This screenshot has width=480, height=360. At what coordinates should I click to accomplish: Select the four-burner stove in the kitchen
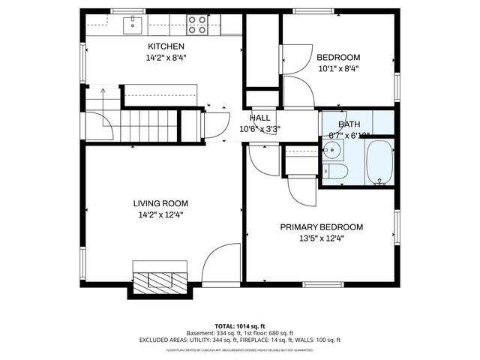198,25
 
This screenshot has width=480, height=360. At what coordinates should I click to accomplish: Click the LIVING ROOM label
160,203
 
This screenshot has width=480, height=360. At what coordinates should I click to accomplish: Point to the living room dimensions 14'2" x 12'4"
160,214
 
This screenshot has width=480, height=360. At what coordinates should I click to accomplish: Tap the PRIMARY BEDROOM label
322,227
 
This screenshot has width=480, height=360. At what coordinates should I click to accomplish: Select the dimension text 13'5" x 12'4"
322,238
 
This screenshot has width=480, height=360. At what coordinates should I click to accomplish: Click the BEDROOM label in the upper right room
337,57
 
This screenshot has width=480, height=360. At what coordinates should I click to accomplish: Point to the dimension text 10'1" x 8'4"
337,68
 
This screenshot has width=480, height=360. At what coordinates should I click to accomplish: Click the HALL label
260,118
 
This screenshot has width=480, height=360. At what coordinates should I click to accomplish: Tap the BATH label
349,124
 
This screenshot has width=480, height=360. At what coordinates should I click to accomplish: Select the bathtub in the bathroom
379,163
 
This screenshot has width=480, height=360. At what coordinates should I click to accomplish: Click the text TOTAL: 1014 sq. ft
239,326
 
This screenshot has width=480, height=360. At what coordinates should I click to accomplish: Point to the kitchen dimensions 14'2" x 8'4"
166,58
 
